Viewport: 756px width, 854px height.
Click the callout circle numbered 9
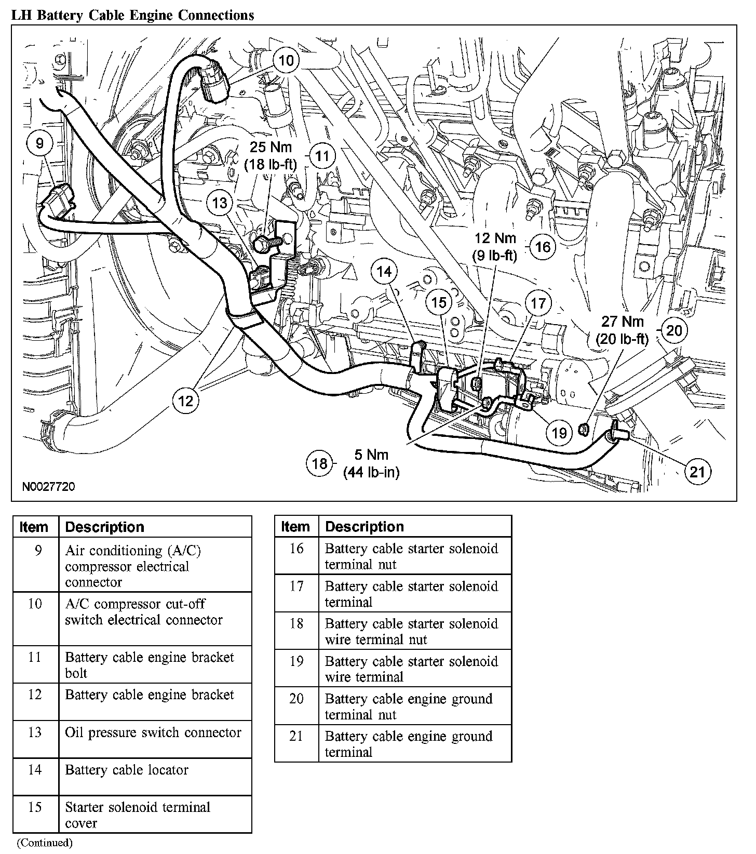pyautogui.click(x=40, y=142)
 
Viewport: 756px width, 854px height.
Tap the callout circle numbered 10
pyautogui.click(x=286, y=60)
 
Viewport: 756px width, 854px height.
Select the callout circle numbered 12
pyautogui.click(x=185, y=400)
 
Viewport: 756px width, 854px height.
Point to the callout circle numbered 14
pyautogui.click(x=385, y=272)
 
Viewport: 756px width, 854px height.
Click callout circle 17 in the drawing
pyautogui.click(x=538, y=302)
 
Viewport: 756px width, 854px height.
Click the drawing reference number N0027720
pyautogui.click(x=49, y=487)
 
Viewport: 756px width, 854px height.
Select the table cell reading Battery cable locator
pyautogui.click(x=127, y=770)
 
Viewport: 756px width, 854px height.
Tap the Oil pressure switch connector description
pyautogui.click(x=153, y=732)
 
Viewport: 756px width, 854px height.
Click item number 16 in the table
pyautogui.click(x=296, y=549)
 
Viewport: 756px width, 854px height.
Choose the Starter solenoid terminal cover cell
pyautogui.click(x=138, y=815)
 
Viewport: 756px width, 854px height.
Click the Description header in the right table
pyautogui.click(x=365, y=526)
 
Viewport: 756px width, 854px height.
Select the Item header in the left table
pyautogui.click(x=34, y=527)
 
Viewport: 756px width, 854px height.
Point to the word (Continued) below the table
pyautogui.click(x=45, y=843)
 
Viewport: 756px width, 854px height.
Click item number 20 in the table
pyautogui.click(x=296, y=699)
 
